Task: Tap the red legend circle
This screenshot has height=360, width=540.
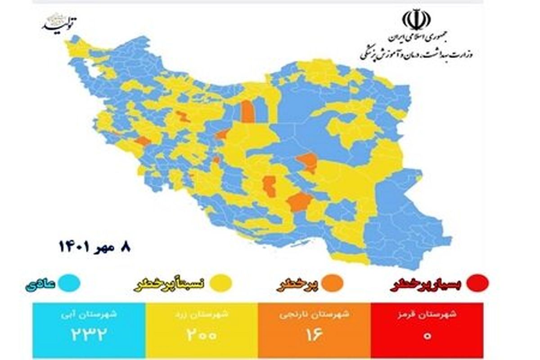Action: click(478, 283)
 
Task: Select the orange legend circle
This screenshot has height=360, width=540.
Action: click(333, 283)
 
